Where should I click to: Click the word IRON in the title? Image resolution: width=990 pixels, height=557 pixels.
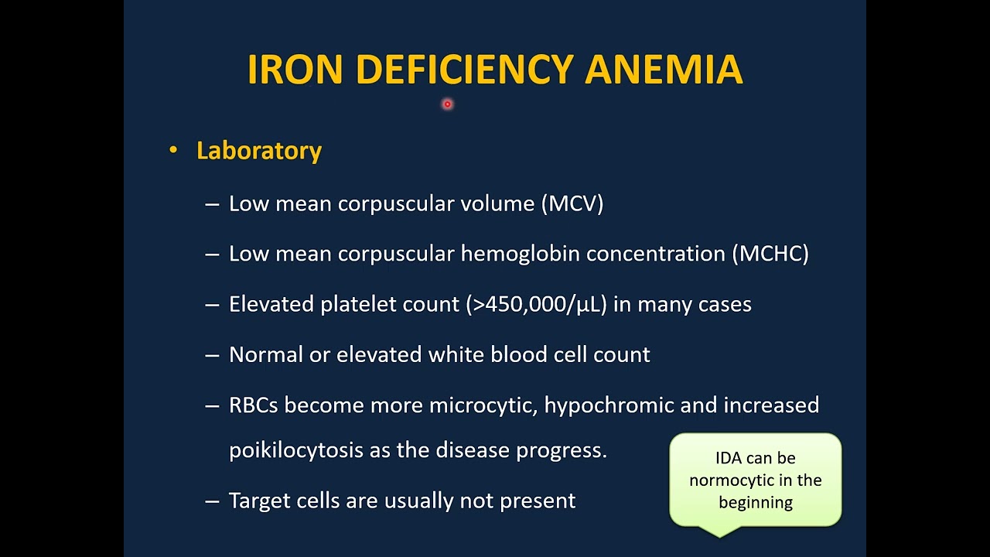pos(295,70)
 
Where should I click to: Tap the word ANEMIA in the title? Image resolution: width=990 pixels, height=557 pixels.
pos(664,70)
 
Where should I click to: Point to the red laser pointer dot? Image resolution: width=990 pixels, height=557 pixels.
pos(447,104)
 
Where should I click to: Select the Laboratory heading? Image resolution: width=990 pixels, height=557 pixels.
pos(259,150)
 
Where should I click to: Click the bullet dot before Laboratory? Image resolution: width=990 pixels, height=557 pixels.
pos(173,150)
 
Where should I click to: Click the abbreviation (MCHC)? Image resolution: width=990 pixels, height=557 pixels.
pos(770,254)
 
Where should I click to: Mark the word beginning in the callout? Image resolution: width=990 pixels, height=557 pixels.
pos(756,503)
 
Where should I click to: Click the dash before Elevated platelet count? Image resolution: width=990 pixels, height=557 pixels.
pos(212,305)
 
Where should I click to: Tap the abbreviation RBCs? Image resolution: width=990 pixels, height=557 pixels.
pos(254,405)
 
